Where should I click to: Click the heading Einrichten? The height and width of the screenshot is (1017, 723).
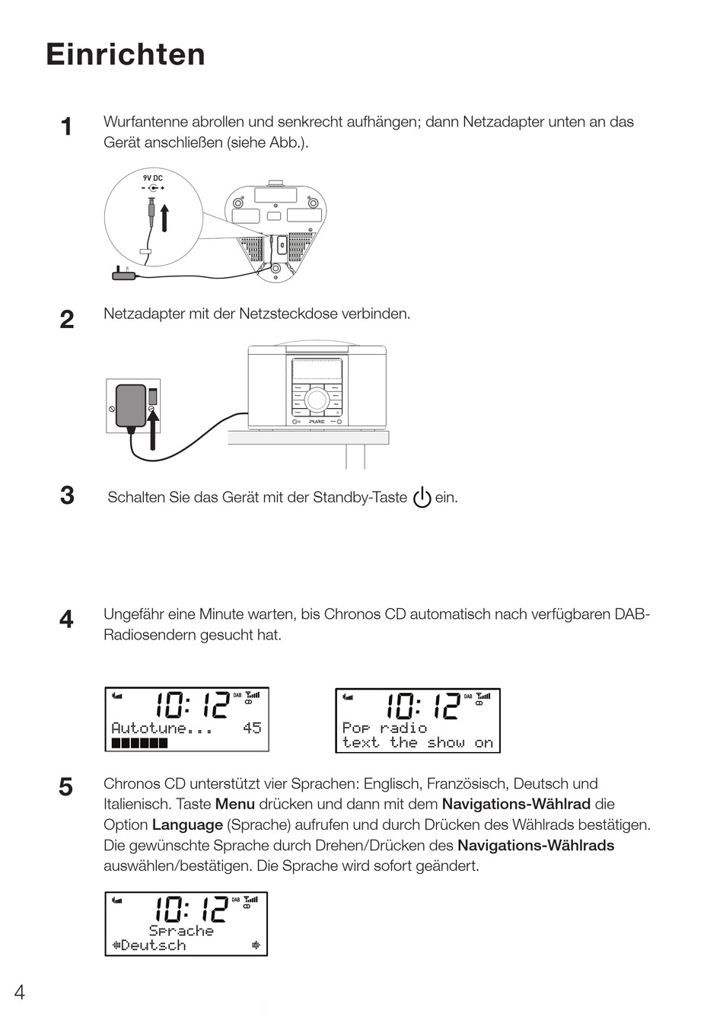126,55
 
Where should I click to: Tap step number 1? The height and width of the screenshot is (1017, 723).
67,126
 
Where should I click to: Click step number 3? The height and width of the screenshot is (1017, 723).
67,496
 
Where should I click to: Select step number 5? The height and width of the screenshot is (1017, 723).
67,786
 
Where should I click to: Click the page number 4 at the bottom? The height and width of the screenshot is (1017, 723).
20,992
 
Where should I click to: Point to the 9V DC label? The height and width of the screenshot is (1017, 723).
153,178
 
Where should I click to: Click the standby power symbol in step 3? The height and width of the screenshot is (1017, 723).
422,498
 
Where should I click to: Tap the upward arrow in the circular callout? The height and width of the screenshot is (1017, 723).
164,217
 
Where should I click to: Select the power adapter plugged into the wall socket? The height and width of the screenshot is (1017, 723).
130,406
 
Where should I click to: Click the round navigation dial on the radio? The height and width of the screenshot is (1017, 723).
317,400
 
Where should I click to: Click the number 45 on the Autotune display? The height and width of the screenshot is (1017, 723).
252,728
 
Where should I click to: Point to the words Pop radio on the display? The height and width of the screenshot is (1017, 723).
384,728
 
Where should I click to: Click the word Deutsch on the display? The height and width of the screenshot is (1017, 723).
153,945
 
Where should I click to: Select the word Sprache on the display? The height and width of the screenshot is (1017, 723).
181,930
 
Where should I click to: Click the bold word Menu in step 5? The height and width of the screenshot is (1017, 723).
235,804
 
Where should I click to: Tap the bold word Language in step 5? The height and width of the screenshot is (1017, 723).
187,824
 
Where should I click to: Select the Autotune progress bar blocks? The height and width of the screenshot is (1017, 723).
139,743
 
